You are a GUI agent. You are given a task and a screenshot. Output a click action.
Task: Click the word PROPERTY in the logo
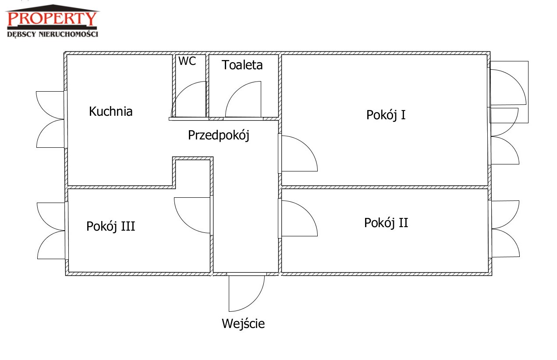(x=53, y=19)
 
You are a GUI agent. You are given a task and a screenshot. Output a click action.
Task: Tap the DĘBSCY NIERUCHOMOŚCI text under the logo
(x=53, y=34)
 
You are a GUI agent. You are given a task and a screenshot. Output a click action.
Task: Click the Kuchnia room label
(x=110, y=111)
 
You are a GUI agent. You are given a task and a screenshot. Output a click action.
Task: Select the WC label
(x=187, y=61)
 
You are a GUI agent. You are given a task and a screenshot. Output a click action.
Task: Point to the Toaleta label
(x=242, y=65)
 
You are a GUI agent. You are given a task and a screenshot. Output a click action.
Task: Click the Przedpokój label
(x=218, y=135)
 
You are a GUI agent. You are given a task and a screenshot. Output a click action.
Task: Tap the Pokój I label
(x=386, y=115)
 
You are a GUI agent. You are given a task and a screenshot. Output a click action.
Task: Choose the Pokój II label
(x=386, y=223)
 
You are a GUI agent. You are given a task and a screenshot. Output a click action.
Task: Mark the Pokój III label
(x=110, y=227)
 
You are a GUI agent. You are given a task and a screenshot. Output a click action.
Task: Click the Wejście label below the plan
(x=243, y=324)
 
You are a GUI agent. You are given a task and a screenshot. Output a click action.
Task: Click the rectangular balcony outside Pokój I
(x=509, y=91)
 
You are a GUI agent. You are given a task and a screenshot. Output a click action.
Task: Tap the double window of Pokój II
(x=505, y=228)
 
